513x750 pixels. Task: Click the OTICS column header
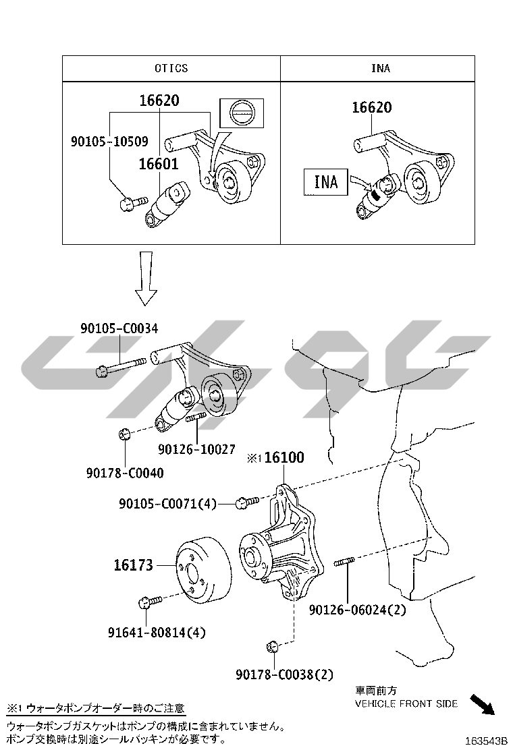(171, 68)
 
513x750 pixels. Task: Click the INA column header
(380, 68)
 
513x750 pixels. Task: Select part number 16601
(159, 164)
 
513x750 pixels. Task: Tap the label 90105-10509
(109, 142)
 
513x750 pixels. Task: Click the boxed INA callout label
(325, 182)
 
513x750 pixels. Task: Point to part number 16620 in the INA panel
(372, 107)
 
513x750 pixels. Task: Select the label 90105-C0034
(119, 328)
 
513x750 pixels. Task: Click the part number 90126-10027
(196, 449)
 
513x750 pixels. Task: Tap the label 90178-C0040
(124, 473)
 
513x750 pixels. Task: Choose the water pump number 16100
(283, 458)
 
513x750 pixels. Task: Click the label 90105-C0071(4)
(168, 503)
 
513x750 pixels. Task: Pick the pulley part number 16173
(133, 565)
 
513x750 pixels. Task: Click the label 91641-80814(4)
(157, 633)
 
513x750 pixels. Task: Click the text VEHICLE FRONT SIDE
(406, 703)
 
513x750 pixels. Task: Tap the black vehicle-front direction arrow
(481, 704)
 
